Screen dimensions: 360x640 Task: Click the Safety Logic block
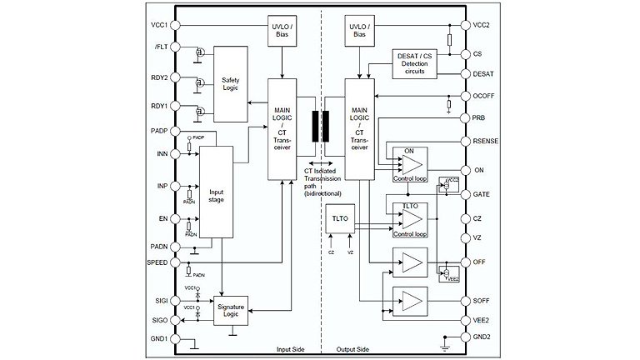point(231,85)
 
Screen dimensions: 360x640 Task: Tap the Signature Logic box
point(232,312)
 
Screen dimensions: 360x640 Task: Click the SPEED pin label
point(157,262)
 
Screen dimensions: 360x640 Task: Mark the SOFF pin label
point(482,300)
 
